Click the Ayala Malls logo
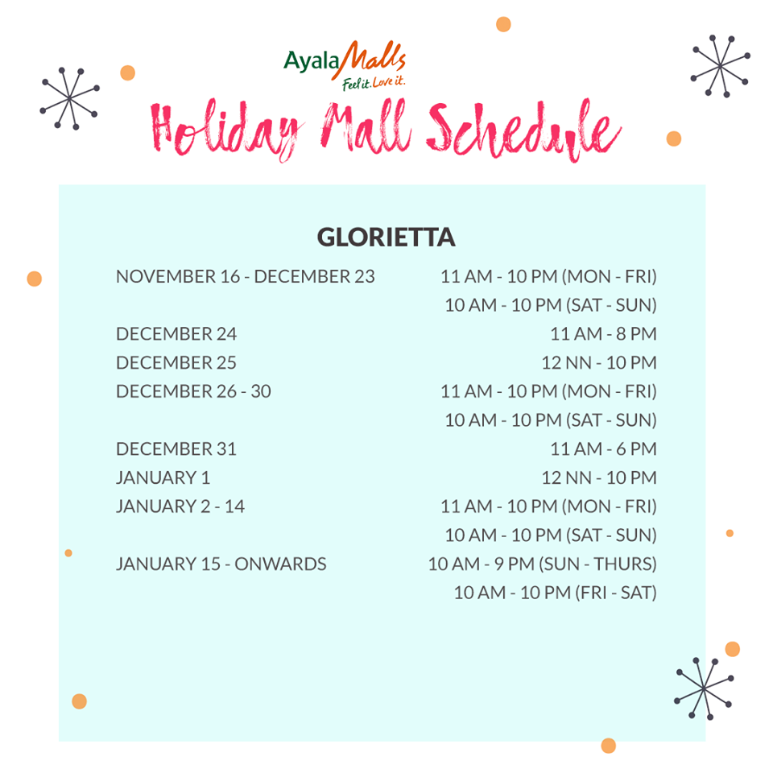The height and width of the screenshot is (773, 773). point(345,64)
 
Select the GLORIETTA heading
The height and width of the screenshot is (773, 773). point(386,238)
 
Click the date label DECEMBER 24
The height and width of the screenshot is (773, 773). point(176,334)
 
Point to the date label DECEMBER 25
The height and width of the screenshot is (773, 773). point(176,363)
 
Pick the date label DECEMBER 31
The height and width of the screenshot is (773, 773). point(176,449)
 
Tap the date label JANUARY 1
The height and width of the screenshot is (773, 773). point(163,477)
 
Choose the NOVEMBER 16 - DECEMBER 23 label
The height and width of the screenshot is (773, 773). point(246,276)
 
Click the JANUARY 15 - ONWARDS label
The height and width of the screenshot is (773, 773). point(221,564)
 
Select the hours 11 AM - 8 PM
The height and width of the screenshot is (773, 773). point(603,334)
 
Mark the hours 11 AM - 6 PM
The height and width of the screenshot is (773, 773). point(603,449)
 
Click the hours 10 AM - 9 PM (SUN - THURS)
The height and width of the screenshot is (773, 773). point(542,564)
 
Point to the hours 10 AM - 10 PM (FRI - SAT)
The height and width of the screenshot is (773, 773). point(555,593)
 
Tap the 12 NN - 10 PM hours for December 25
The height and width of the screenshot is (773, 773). point(598,363)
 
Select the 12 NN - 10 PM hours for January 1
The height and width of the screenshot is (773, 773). point(598,477)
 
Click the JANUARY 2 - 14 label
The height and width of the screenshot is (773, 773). point(180,506)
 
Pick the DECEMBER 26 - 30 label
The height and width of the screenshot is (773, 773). point(193,391)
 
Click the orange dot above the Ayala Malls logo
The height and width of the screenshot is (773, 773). point(503,24)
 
